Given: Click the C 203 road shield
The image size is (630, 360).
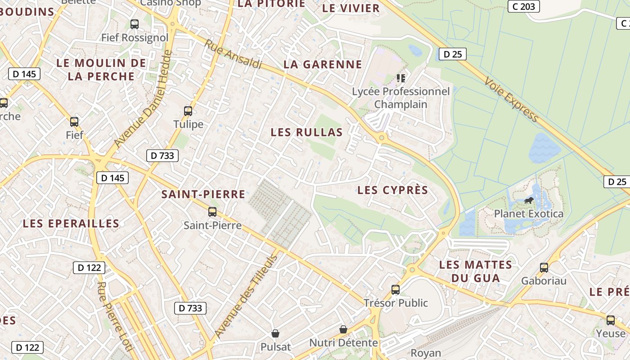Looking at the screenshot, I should (x=523, y=6).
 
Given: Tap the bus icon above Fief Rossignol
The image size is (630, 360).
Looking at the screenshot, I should (x=135, y=24).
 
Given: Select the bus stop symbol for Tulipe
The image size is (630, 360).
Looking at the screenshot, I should (x=188, y=111).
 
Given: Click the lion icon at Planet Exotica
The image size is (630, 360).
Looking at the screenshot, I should (x=529, y=200).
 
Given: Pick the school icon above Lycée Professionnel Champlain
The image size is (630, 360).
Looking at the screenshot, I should (x=401, y=78).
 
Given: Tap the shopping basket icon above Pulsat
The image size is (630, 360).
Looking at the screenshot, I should (x=275, y=333).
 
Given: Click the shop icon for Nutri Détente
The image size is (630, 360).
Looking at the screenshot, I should (x=343, y=329).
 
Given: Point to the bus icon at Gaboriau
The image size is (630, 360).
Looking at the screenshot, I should (x=544, y=268).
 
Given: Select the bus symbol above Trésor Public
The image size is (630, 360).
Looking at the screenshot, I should (x=396, y=289).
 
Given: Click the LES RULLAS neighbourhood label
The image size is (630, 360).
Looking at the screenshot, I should (x=306, y=132).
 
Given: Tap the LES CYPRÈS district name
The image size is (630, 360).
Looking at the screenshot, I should (x=392, y=190).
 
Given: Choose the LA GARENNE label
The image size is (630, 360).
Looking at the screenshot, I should (x=323, y=64).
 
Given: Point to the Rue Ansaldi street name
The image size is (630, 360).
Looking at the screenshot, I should (x=234, y=54).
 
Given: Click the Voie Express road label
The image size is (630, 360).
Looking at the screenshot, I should (x=512, y=99).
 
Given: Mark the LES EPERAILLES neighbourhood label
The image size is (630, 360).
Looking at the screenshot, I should (x=71, y=223).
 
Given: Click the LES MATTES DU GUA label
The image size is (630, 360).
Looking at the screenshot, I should (x=476, y=271).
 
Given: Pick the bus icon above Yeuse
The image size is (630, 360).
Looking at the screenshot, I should (x=611, y=320).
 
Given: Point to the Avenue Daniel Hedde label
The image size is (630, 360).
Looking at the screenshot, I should (x=143, y=99).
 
